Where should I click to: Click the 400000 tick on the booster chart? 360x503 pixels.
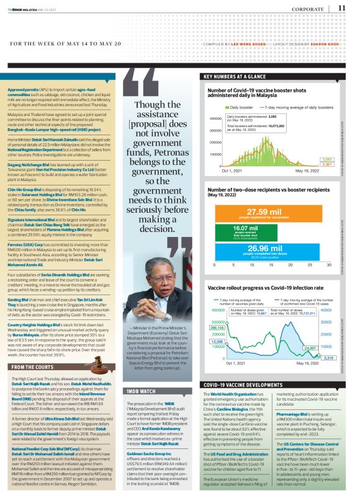coord(213,118)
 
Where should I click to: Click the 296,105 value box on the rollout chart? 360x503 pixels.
coord(217,327)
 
